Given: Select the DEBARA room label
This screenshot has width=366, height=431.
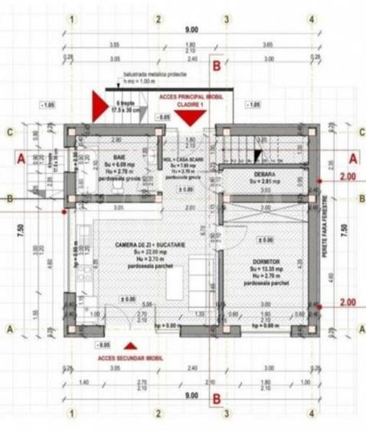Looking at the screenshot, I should (x=265, y=175).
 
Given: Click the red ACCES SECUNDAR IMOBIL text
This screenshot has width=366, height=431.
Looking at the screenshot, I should (x=127, y=358).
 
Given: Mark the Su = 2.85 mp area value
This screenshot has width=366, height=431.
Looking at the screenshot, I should (x=265, y=184).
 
